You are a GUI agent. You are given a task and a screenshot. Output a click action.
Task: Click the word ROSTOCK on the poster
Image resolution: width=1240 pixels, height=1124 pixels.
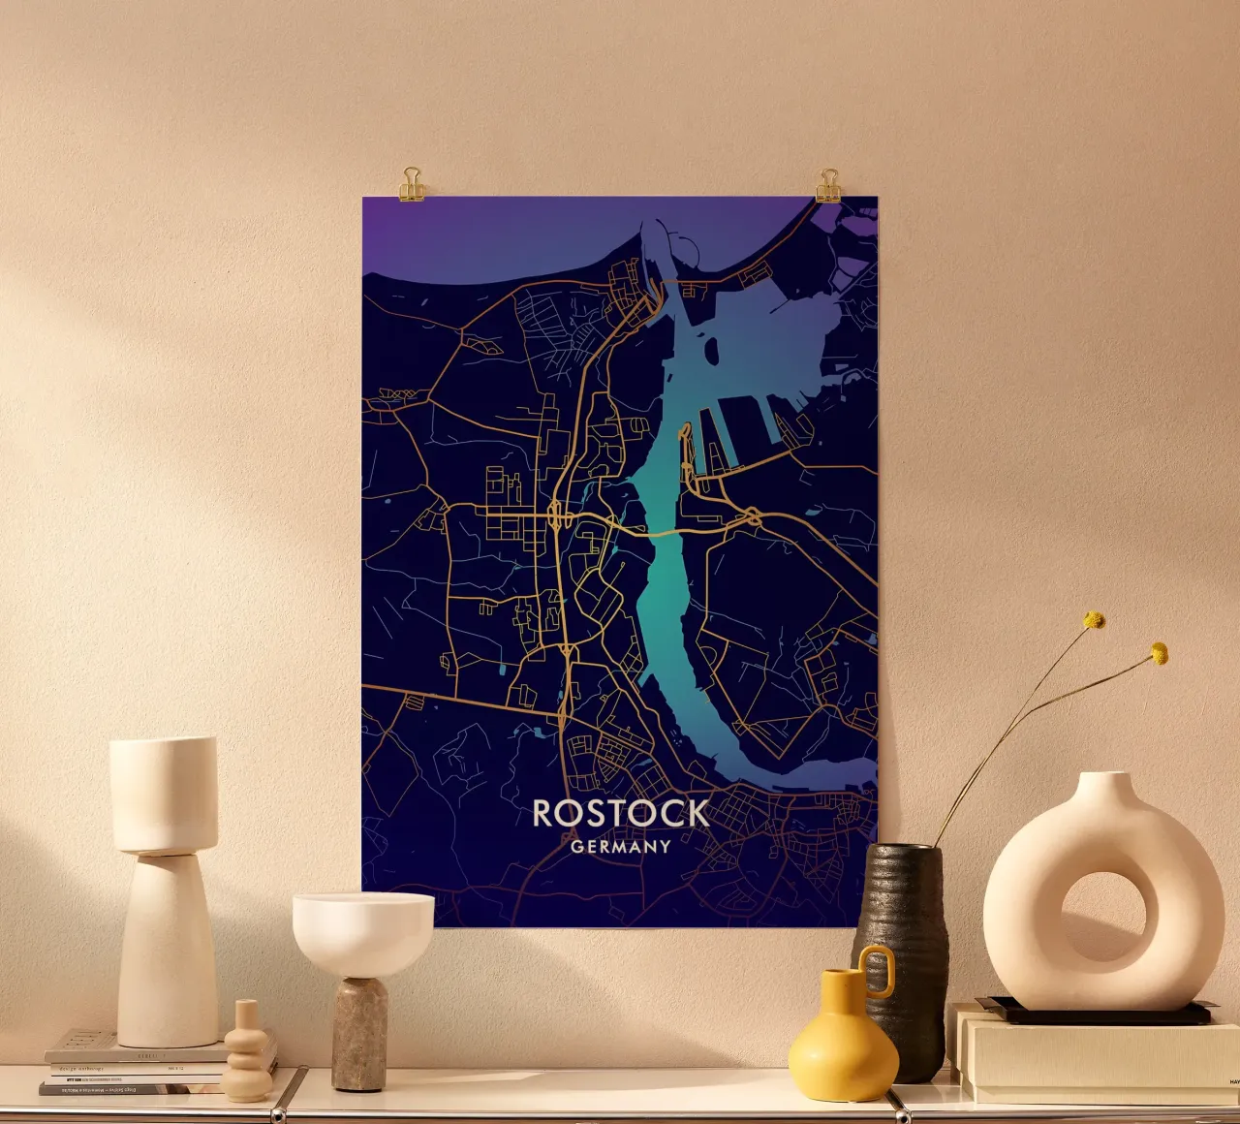pos(621,814)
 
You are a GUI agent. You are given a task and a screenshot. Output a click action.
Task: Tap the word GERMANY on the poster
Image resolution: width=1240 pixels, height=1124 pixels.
pos(621,847)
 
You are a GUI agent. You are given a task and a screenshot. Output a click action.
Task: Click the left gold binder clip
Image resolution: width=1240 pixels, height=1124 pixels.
pos(413,183)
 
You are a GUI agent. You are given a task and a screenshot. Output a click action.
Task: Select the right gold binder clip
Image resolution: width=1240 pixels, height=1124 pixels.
pos(828,185)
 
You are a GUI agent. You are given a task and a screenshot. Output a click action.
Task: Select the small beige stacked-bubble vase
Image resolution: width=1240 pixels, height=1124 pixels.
pos(248,1056)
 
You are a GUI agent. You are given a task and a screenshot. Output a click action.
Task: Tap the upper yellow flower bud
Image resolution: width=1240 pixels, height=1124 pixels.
pos(1094,620)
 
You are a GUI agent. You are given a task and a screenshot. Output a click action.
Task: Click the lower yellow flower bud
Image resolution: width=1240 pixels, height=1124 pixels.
pos(1159,654)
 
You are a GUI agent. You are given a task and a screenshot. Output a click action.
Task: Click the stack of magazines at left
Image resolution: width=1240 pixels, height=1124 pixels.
pos(136,1066)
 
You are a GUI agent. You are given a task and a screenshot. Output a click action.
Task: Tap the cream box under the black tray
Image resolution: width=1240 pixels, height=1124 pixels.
pos(1095,1061)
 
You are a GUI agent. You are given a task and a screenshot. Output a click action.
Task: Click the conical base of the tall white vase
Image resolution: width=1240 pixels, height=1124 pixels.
pos(167,954)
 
